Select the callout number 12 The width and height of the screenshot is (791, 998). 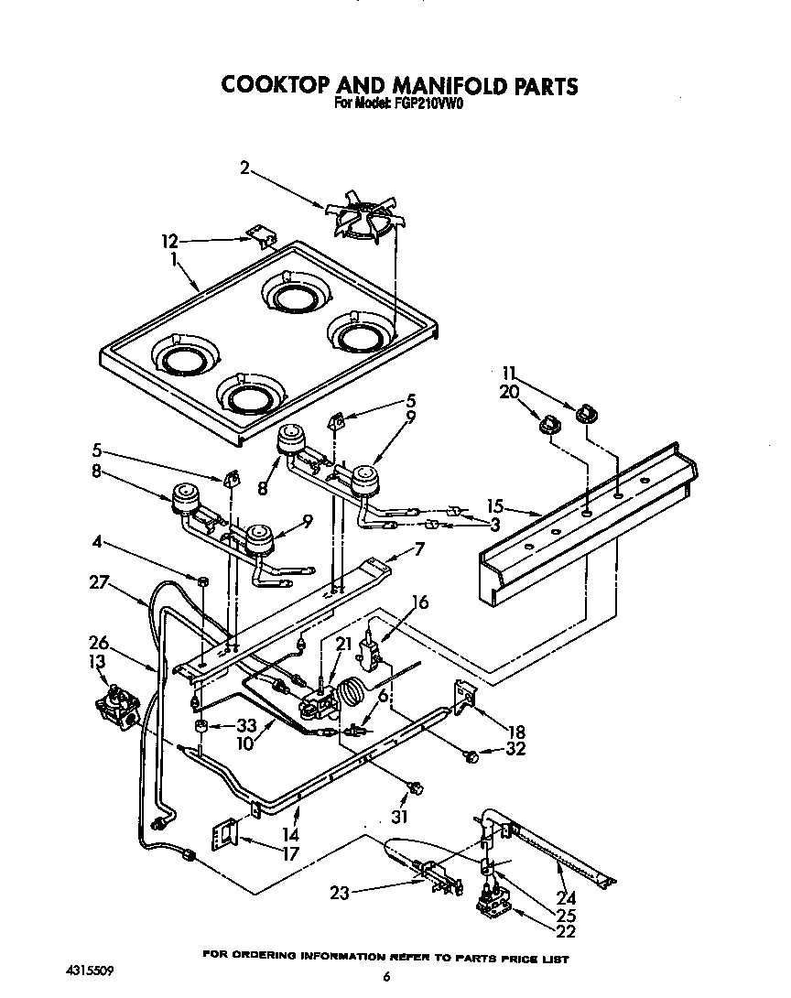pyautogui.click(x=168, y=242)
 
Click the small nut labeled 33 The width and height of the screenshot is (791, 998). pyautogui.click(x=199, y=727)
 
